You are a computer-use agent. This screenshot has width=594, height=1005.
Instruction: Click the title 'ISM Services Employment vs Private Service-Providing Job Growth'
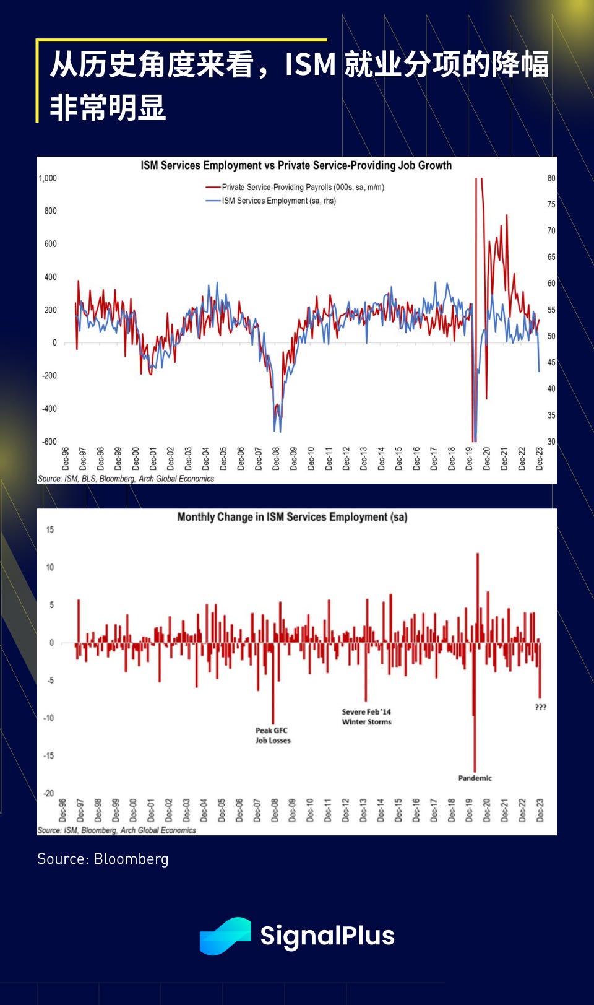[x=296, y=165]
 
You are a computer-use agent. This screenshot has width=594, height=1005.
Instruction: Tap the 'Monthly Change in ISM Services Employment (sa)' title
[x=292, y=517]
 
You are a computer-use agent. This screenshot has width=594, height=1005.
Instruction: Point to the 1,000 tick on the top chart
[x=48, y=178]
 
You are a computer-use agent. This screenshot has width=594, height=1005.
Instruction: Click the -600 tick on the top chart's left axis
[x=49, y=442]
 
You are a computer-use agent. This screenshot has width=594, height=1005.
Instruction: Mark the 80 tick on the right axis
[x=551, y=178]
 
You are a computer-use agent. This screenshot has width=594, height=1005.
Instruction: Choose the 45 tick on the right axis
[x=551, y=363]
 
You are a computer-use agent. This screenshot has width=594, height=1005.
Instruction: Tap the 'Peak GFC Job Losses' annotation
[x=273, y=735]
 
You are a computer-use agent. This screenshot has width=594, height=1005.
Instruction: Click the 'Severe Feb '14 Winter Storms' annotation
[x=367, y=716]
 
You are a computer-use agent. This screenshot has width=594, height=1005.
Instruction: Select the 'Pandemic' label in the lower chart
[x=475, y=778]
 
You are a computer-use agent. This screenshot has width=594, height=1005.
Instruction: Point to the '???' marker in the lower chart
[x=541, y=707]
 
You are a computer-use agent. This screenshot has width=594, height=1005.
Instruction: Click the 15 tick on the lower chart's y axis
[x=50, y=529]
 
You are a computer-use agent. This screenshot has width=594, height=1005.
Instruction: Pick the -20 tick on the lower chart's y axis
[x=49, y=793]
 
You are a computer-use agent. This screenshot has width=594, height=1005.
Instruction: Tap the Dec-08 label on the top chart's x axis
[x=276, y=458]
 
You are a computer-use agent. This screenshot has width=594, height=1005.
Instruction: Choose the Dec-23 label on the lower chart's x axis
[x=540, y=810]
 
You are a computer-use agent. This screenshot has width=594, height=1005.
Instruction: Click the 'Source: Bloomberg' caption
[x=103, y=859]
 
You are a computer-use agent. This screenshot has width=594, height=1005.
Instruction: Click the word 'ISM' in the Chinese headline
[x=310, y=65]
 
